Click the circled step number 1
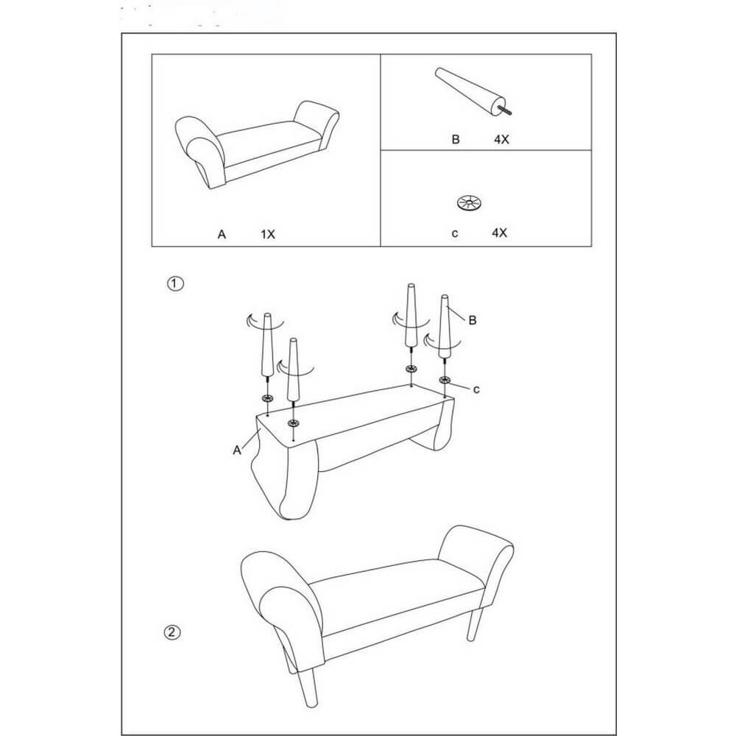coord(176,283)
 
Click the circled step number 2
coord(171,632)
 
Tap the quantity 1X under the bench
coord(268,234)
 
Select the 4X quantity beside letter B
coord(501,139)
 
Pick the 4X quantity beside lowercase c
coord(500,233)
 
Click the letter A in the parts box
coord(222,234)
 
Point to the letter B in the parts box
coord(456,139)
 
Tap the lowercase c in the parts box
coord(454,233)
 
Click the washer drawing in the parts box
coord(470,203)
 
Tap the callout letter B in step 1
coord(473,320)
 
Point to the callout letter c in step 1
coord(476,389)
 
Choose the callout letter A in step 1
coord(237,450)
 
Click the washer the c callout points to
coord(445,379)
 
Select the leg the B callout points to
coord(444,326)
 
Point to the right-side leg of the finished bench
coord(474,624)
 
